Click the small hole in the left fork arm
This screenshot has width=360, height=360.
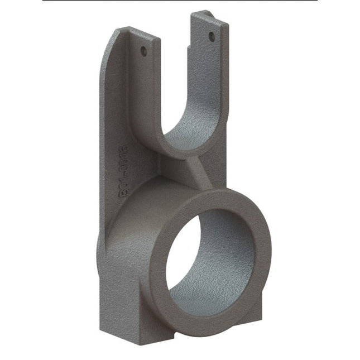(143, 51)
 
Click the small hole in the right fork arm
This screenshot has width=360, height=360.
(212, 37)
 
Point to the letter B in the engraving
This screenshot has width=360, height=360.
(124, 193)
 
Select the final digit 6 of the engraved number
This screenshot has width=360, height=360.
(124, 150)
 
